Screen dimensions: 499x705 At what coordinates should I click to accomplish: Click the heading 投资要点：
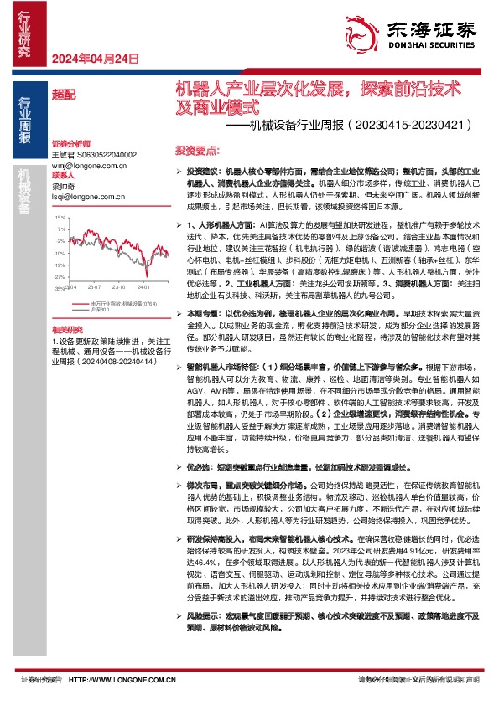click(x=198, y=151)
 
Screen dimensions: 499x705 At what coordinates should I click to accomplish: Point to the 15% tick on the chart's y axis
click(x=60, y=219)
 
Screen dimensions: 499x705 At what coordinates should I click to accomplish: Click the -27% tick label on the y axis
click(x=59, y=275)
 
